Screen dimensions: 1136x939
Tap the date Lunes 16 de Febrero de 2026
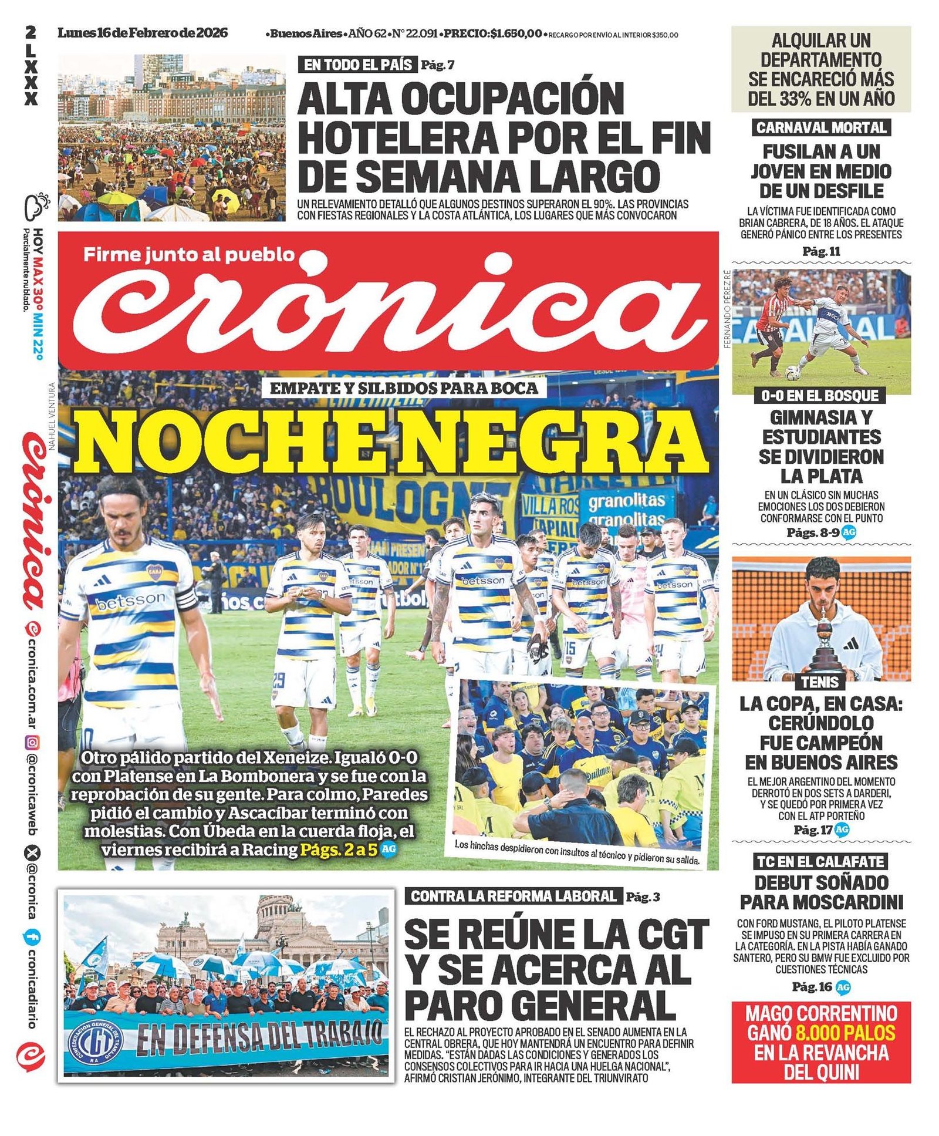tap(142, 33)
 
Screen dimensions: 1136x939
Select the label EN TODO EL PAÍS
tap(357, 65)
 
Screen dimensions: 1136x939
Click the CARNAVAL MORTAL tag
tap(821, 127)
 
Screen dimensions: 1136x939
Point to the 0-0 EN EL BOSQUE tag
tap(820, 396)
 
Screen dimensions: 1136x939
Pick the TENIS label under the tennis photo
tap(820, 682)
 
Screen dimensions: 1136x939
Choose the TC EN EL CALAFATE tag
tap(820, 861)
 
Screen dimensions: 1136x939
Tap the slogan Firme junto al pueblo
tap(188, 254)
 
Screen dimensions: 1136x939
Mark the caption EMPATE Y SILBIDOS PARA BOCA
tap(404, 387)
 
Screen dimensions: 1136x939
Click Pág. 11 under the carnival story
tap(821, 252)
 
